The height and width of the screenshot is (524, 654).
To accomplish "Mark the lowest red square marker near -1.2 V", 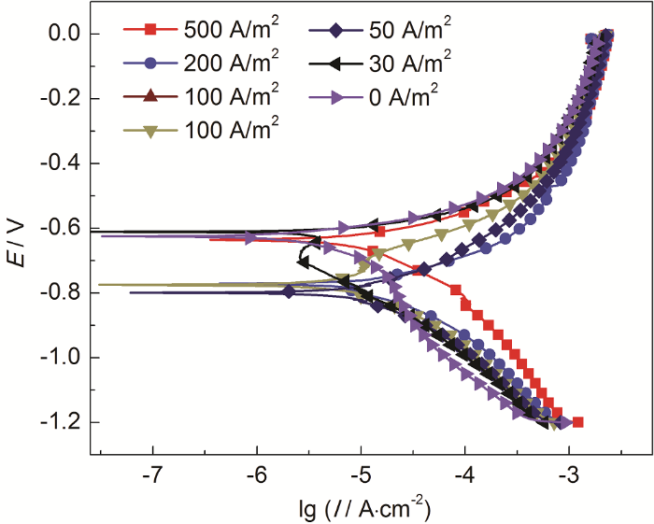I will [x=577, y=422].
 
